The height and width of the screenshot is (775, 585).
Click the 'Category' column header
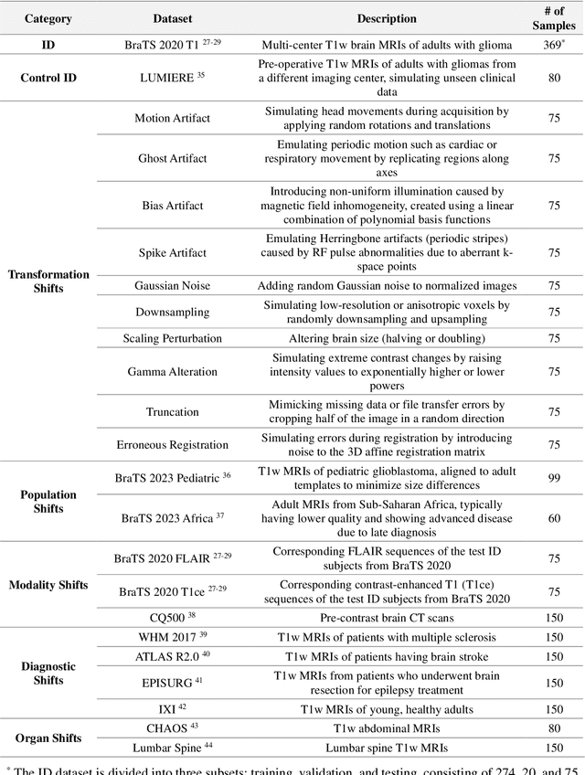coord(49,18)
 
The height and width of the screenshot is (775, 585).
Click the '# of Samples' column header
coord(554,18)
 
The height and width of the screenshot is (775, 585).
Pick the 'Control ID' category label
coord(49,78)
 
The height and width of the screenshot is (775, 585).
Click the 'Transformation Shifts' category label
coord(49,281)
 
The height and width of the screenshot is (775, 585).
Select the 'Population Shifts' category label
coord(49,501)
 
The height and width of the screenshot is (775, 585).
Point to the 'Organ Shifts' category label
coord(49,738)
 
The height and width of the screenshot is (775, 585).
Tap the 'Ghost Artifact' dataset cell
coord(172,158)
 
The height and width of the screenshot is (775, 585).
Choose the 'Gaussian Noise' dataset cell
coord(172,286)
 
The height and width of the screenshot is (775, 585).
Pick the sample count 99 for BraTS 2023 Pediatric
coord(554,478)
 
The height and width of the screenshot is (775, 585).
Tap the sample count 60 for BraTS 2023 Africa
coord(554,518)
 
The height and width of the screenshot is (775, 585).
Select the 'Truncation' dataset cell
coord(172,412)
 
